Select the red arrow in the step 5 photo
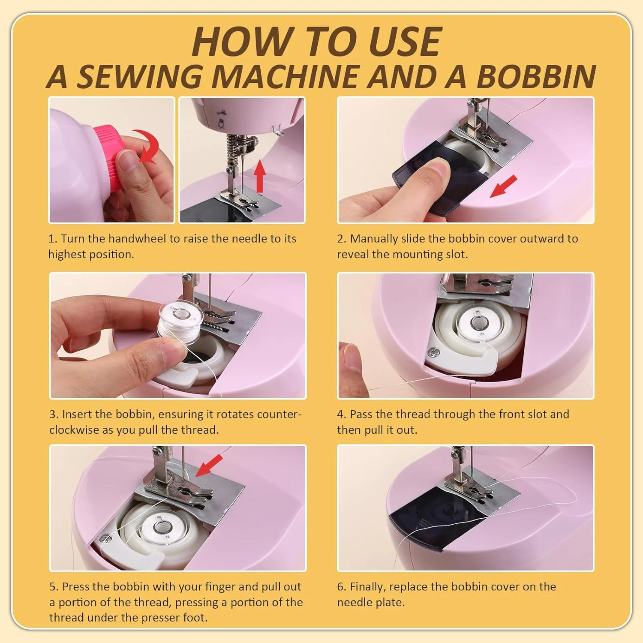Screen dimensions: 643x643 click(209, 466)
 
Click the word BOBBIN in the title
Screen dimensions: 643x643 click(536, 76)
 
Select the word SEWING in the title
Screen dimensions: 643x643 click(139, 76)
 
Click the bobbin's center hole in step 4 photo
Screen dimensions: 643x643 click(477, 321)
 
